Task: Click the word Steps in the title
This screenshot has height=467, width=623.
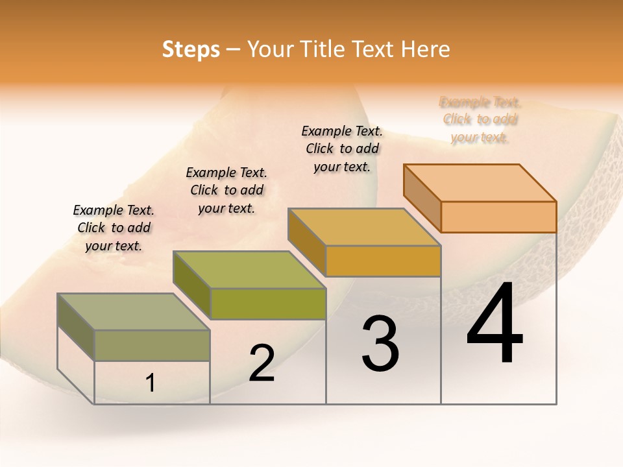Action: [191, 49]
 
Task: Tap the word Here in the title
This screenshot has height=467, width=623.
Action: [426, 49]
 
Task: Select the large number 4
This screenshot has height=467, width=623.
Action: [495, 324]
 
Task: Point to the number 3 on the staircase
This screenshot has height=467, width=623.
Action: [380, 344]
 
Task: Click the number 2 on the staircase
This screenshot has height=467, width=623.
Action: [262, 363]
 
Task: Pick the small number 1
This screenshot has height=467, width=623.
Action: [151, 383]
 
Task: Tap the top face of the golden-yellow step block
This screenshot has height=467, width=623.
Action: [364, 227]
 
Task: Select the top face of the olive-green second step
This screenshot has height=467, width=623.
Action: [249, 269]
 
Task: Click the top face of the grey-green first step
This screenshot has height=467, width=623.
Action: [133, 312]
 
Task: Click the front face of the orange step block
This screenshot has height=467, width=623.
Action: [498, 217]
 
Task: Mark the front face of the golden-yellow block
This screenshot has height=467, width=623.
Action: [383, 261]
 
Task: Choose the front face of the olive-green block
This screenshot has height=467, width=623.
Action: [268, 304]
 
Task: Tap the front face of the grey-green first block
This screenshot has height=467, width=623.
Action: [152, 345]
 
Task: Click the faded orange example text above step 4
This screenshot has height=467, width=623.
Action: [480, 119]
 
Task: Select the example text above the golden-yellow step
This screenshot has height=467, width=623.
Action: [342, 149]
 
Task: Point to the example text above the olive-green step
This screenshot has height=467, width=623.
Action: [226, 190]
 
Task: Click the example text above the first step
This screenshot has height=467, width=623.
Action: [114, 228]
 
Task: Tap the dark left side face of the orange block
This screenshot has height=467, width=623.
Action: [422, 197]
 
